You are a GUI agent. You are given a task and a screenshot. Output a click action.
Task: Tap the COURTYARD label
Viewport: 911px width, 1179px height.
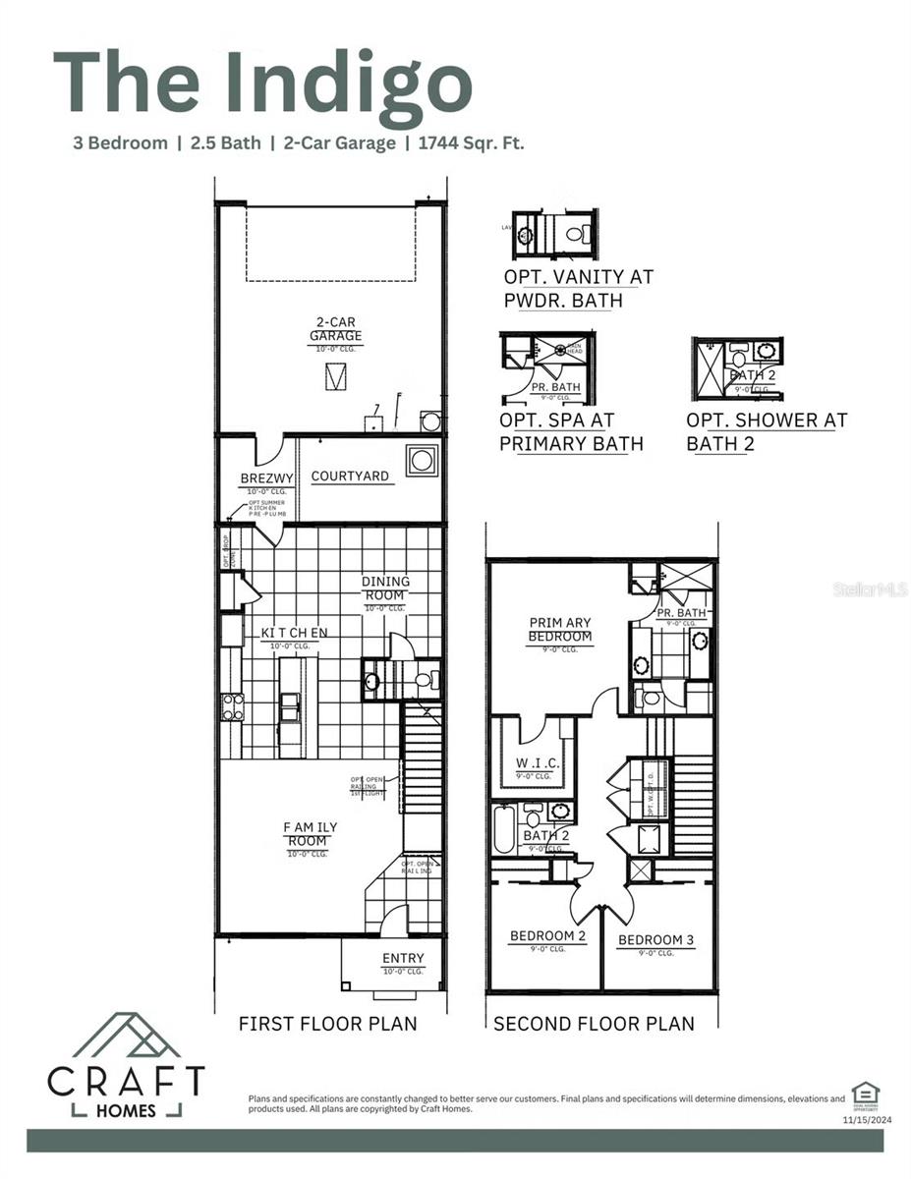point(350,477)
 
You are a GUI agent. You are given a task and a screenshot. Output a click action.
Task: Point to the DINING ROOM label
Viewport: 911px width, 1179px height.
point(385,588)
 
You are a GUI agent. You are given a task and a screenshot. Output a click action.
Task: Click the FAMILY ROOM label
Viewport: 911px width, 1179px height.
point(306,834)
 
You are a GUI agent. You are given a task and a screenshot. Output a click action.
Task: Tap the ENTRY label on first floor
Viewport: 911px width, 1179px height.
point(403,958)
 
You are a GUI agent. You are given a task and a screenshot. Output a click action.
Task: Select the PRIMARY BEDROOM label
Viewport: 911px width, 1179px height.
point(560,629)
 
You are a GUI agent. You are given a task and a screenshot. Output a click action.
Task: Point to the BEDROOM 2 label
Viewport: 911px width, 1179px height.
point(547,936)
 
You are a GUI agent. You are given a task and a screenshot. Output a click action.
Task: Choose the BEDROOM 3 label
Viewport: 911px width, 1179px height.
point(655,940)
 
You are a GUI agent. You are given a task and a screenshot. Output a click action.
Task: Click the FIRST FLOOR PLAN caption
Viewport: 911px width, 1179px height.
point(327,1024)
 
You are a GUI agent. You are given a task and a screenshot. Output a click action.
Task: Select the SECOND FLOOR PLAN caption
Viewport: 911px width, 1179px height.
point(594,1024)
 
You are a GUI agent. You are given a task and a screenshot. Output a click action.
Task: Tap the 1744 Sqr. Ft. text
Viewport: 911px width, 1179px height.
point(471,143)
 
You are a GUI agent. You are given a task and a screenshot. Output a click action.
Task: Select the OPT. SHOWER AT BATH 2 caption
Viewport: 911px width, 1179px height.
point(767,431)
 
